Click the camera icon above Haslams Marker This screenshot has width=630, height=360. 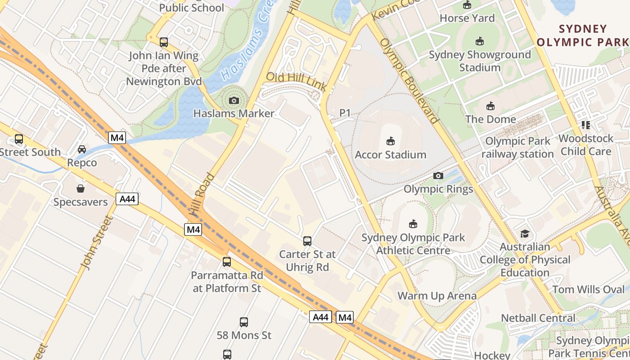(234, 100)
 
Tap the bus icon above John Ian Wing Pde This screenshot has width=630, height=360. (164, 42)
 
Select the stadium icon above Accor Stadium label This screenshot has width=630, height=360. (390, 141)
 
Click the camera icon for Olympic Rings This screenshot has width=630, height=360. (438, 175)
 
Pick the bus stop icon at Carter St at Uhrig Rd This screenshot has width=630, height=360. (307, 241)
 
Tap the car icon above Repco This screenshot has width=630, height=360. (82, 149)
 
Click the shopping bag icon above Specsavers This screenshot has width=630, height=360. (81, 189)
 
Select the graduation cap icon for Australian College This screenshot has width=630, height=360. (525, 234)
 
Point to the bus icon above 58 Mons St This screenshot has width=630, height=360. (243, 322)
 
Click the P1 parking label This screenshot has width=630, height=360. (345, 113)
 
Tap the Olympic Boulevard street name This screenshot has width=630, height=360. (409, 81)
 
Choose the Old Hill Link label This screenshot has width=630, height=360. (296, 81)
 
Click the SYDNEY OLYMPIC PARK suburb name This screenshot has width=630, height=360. (583, 36)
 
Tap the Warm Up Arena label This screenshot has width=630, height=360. (437, 296)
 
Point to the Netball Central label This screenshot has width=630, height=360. (538, 318)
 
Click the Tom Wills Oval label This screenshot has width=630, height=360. (588, 289)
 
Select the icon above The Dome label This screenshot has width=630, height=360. (490, 106)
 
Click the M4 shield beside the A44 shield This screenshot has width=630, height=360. (345, 317)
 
